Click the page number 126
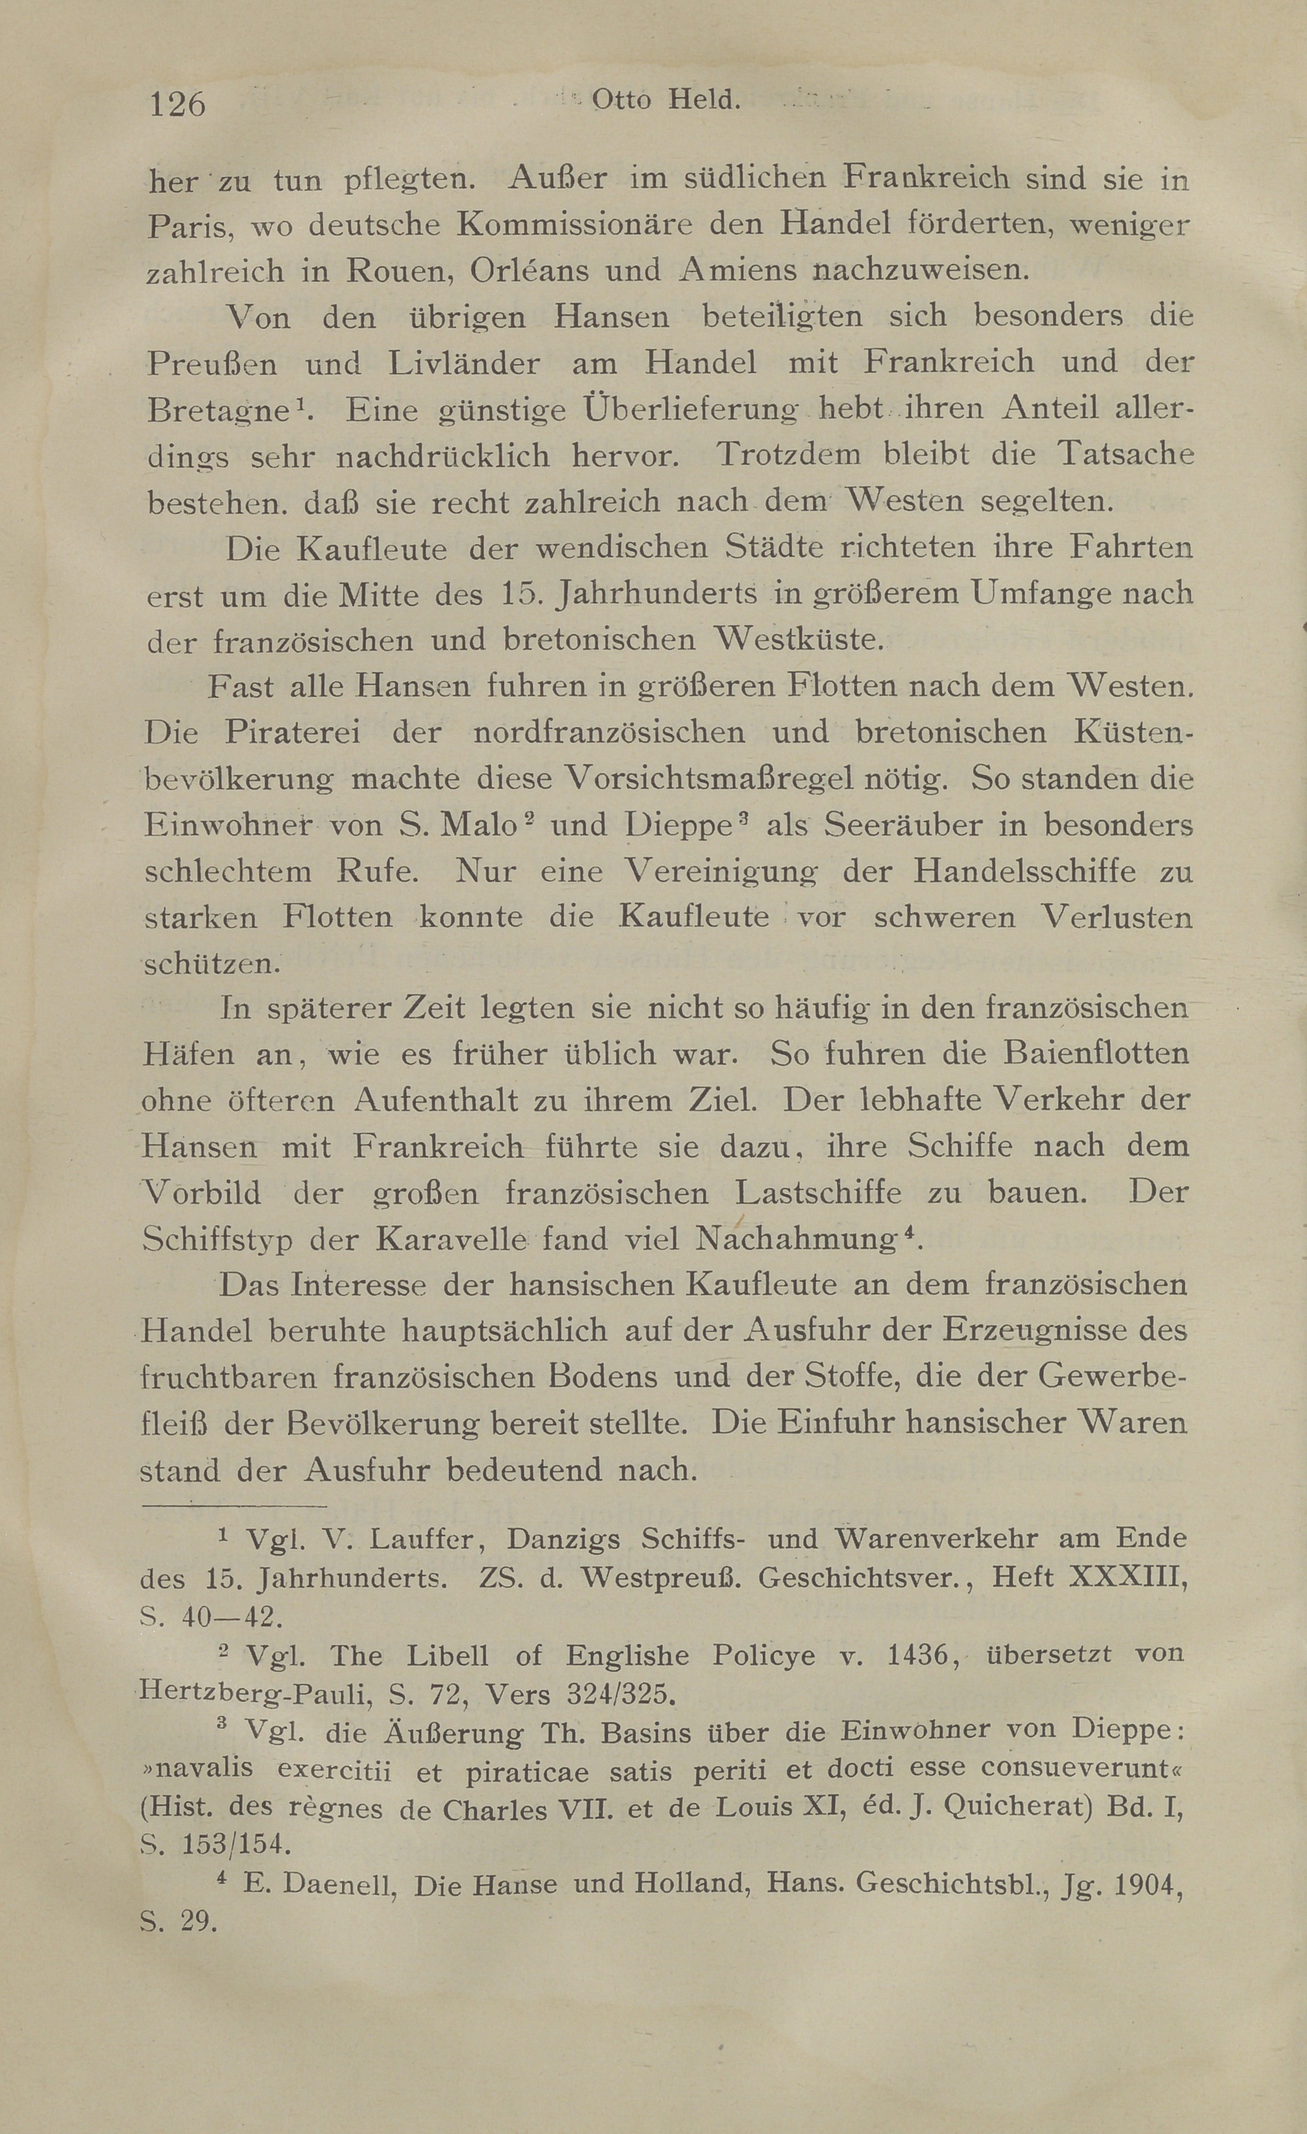[177, 104]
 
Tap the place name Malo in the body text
[478, 824]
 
